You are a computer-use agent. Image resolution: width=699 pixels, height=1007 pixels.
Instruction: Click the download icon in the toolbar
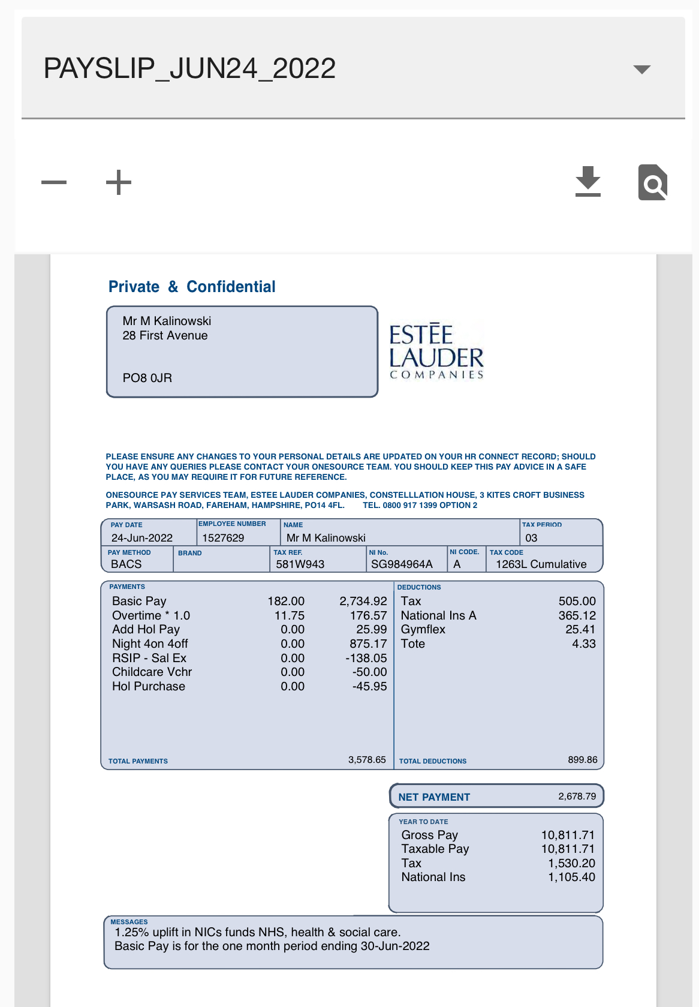[x=587, y=182]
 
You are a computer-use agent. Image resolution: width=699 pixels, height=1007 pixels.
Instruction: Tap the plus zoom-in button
[x=119, y=182]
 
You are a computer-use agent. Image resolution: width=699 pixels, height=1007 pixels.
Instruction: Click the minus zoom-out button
[x=54, y=182]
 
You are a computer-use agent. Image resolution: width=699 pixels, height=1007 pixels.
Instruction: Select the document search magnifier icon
[x=652, y=182]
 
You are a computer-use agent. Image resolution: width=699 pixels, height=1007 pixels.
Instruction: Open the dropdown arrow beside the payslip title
[x=641, y=70]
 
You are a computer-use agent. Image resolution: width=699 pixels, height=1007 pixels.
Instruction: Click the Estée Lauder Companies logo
[x=436, y=352]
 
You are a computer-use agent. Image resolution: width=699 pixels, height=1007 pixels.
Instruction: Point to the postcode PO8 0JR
[x=147, y=378]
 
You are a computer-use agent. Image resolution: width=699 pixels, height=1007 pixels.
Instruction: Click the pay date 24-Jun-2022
[x=142, y=538]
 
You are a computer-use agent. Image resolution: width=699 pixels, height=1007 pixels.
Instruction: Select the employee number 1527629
[x=223, y=538]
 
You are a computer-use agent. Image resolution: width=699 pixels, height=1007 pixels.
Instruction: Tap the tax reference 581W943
[x=300, y=564]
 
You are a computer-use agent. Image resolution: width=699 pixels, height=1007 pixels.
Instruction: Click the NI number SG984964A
[x=402, y=564]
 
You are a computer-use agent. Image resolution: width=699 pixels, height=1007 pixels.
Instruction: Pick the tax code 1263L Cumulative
[x=541, y=564]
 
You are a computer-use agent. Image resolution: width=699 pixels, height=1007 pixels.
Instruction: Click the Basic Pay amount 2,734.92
[x=363, y=601]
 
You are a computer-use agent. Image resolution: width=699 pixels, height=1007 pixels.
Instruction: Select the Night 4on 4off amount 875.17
[x=368, y=644]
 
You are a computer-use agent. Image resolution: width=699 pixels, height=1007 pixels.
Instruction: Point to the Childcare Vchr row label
[x=152, y=672]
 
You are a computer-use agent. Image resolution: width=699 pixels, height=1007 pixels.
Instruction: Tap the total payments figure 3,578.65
[x=367, y=760]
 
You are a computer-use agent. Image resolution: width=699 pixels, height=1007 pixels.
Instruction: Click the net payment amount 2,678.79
[x=577, y=796]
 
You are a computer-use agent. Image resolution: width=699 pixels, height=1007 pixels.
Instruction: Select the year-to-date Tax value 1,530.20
[x=571, y=863]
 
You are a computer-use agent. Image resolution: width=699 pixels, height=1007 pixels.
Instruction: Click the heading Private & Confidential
[x=192, y=287]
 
